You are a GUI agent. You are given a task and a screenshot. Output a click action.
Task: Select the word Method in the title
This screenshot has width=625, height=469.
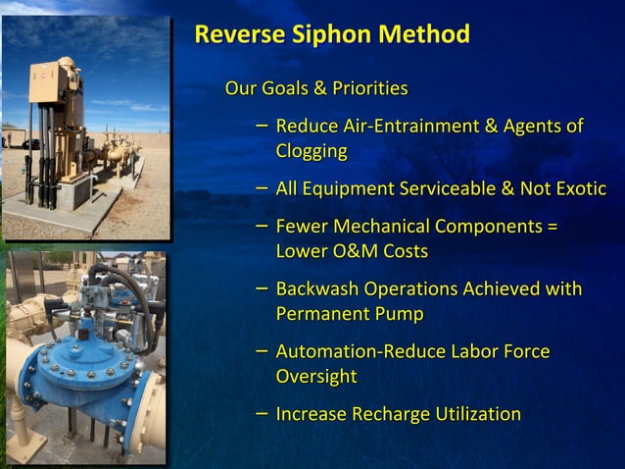click(x=424, y=35)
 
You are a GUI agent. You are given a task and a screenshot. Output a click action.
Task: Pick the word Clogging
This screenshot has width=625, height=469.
click(x=312, y=151)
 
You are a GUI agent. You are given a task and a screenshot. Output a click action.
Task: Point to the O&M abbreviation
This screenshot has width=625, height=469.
click(x=355, y=251)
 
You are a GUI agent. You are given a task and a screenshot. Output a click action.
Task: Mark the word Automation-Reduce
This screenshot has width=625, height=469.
click(x=361, y=351)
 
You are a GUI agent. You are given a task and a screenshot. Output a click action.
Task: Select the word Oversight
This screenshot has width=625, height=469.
click(x=316, y=377)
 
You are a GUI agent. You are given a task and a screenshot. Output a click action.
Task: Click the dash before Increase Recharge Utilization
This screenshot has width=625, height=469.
click(x=262, y=413)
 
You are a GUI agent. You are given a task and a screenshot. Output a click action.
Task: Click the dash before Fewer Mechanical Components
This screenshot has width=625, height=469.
click(x=262, y=225)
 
